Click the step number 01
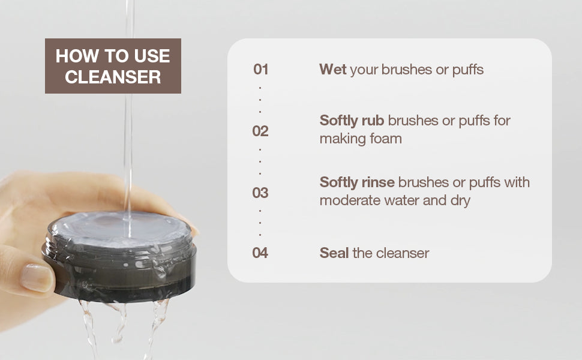[x=260, y=70]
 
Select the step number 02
[x=260, y=131]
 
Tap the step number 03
[x=260, y=193]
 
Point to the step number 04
[x=260, y=253]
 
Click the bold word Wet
[x=333, y=70]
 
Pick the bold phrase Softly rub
[x=352, y=121]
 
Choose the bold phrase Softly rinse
[x=357, y=182]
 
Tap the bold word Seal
[x=334, y=253]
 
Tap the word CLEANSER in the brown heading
[x=113, y=77]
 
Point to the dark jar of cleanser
[x=120, y=258]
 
